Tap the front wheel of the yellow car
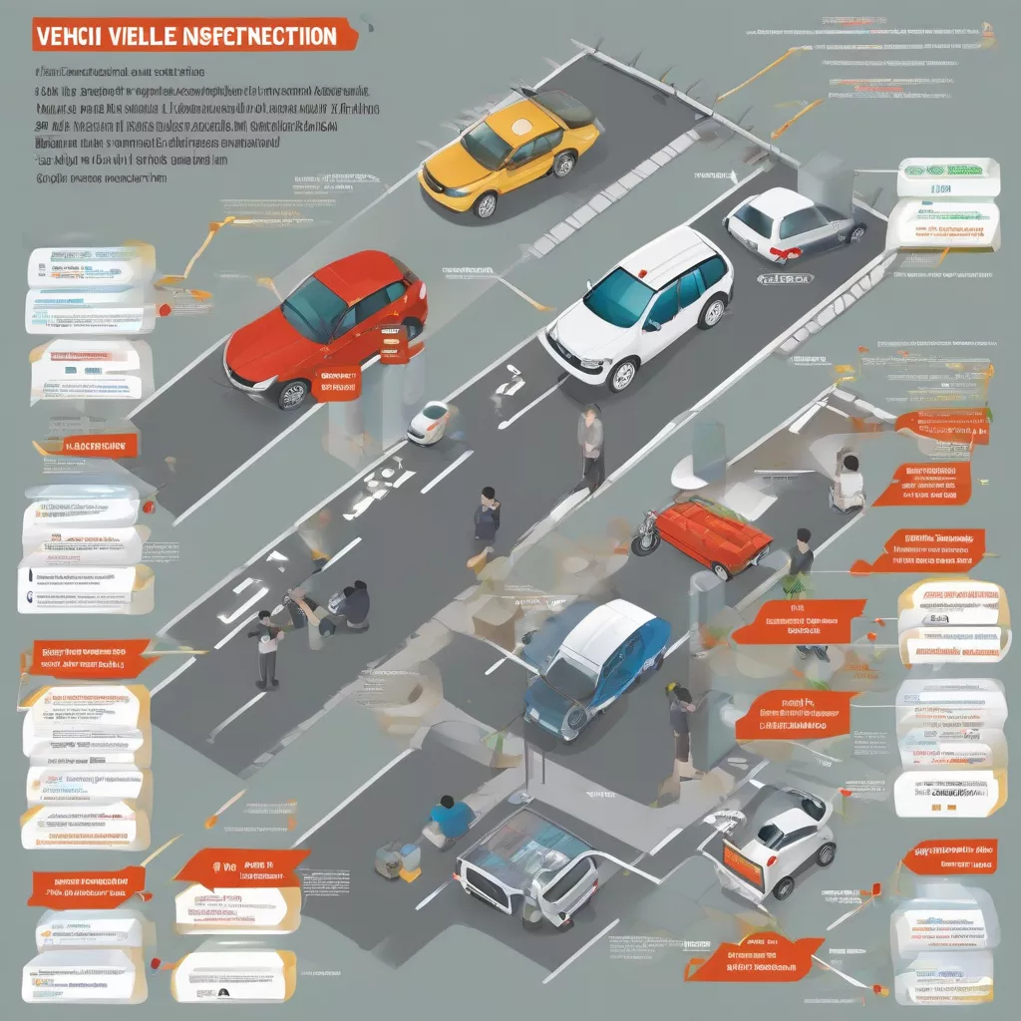coord(486,205)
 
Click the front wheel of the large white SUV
coord(622,374)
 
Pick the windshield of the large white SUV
coord(619,297)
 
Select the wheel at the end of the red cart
coord(643,545)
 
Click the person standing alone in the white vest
coord(266,649)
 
